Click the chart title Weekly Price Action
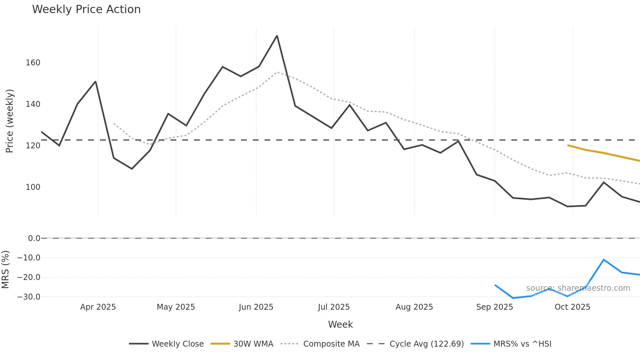[x=86, y=9]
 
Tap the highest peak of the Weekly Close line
[x=277, y=36]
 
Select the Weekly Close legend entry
[x=167, y=344]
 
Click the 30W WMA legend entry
[x=242, y=344]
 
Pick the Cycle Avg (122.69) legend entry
[x=415, y=344]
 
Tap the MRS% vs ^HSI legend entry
[x=511, y=344]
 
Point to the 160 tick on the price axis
[x=33, y=63]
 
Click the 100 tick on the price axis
[x=33, y=187]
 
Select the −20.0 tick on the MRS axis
[x=29, y=277]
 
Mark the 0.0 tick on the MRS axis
[x=34, y=238]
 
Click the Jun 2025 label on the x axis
[x=256, y=307]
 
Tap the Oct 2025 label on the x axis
[x=572, y=307]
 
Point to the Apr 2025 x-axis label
[x=98, y=307]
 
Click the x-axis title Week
[x=340, y=324]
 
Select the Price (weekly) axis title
[x=9, y=121]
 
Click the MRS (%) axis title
[x=5, y=270]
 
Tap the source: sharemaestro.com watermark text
[x=578, y=288]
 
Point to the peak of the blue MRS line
[x=603, y=260]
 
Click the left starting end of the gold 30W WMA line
[x=568, y=145]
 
